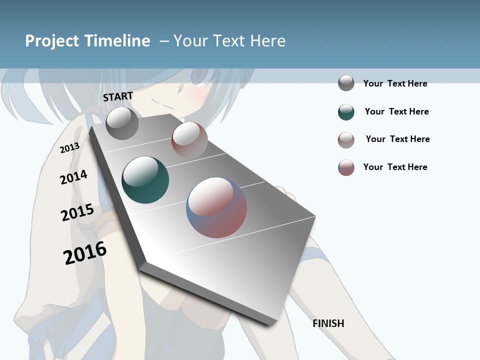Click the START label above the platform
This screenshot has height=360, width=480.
click(118, 96)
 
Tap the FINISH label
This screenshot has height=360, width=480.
click(328, 323)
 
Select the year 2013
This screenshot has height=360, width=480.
click(70, 147)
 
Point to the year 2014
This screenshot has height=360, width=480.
click(73, 177)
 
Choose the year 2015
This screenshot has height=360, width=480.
click(77, 212)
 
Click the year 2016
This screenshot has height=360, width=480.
click(85, 252)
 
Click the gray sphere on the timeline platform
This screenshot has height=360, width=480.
click(122, 123)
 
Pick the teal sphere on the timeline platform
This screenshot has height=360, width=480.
click(145, 180)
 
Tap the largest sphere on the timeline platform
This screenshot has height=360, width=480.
click(216, 207)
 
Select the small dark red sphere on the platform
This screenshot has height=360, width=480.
click(189, 139)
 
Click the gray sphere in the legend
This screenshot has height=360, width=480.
click(346, 83)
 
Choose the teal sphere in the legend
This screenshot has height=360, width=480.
click(346, 112)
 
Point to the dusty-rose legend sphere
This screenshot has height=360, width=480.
click(346, 140)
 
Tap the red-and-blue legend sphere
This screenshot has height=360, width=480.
click(346, 167)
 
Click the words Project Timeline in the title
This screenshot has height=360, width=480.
click(87, 41)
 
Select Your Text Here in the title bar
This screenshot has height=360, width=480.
click(229, 41)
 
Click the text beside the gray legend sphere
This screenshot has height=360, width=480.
click(395, 83)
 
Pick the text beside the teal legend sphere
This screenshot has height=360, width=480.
click(396, 111)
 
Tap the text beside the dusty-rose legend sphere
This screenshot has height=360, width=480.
click(397, 139)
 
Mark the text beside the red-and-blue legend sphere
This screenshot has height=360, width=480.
click(395, 167)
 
